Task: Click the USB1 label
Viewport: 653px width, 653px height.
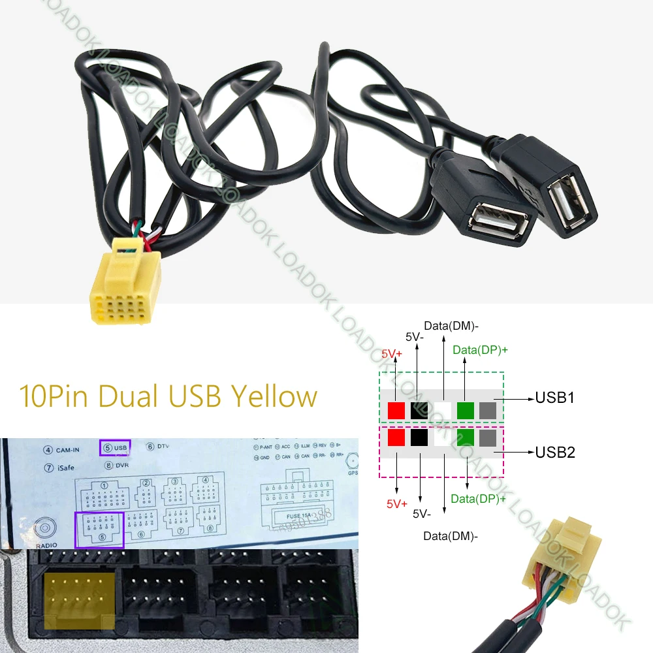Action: (555, 397)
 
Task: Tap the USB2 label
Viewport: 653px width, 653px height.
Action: (555, 451)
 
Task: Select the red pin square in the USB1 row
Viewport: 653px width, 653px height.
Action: (396, 410)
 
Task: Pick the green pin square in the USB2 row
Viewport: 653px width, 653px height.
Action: (465, 437)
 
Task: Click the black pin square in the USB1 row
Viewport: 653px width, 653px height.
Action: (419, 410)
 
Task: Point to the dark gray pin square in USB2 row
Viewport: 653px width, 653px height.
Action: (488, 437)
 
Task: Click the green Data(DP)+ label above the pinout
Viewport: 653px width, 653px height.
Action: (480, 350)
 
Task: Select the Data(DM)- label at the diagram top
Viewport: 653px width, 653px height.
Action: (451, 325)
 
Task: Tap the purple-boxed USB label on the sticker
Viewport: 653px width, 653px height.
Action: (116, 448)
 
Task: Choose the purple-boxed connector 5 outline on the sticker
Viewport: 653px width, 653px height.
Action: (100, 529)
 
